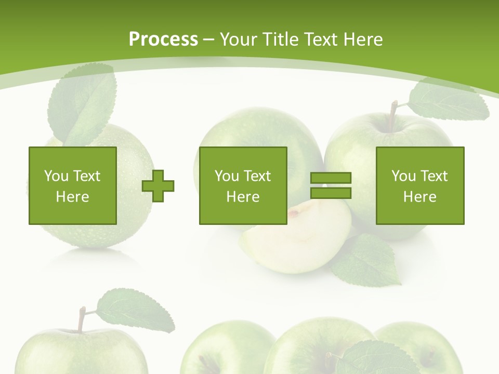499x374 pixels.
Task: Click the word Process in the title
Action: coord(163,39)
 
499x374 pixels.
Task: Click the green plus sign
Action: coord(158,185)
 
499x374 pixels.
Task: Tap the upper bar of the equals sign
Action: coord(331,178)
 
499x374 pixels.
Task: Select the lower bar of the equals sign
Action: coord(331,193)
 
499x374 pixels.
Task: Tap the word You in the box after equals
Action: coord(403,176)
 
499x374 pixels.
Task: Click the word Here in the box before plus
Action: coord(72,197)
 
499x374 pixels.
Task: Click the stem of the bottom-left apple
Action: coord(81,319)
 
